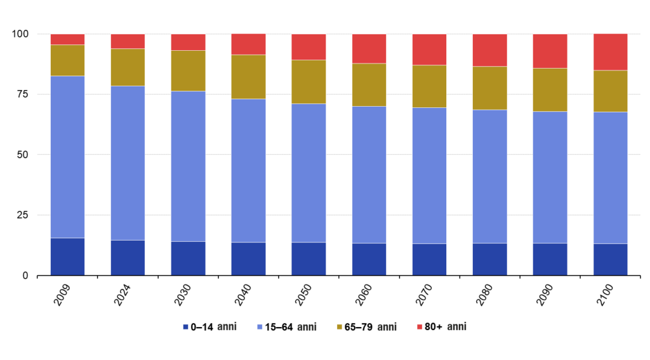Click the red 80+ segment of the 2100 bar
(x=610, y=52)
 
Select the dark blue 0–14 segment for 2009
(x=67, y=257)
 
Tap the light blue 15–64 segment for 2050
(x=308, y=173)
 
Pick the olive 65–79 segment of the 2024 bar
(x=128, y=67)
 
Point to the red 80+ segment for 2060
(x=369, y=48)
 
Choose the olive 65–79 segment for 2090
(x=550, y=90)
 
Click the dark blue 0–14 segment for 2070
(x=429, y=259)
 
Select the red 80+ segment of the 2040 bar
(x=248, y=44)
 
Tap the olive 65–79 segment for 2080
(x=489, y=88)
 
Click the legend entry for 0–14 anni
(x=209, y=327)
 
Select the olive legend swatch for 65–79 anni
(x=340, y=327)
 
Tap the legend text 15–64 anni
(x=294, y=327)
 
